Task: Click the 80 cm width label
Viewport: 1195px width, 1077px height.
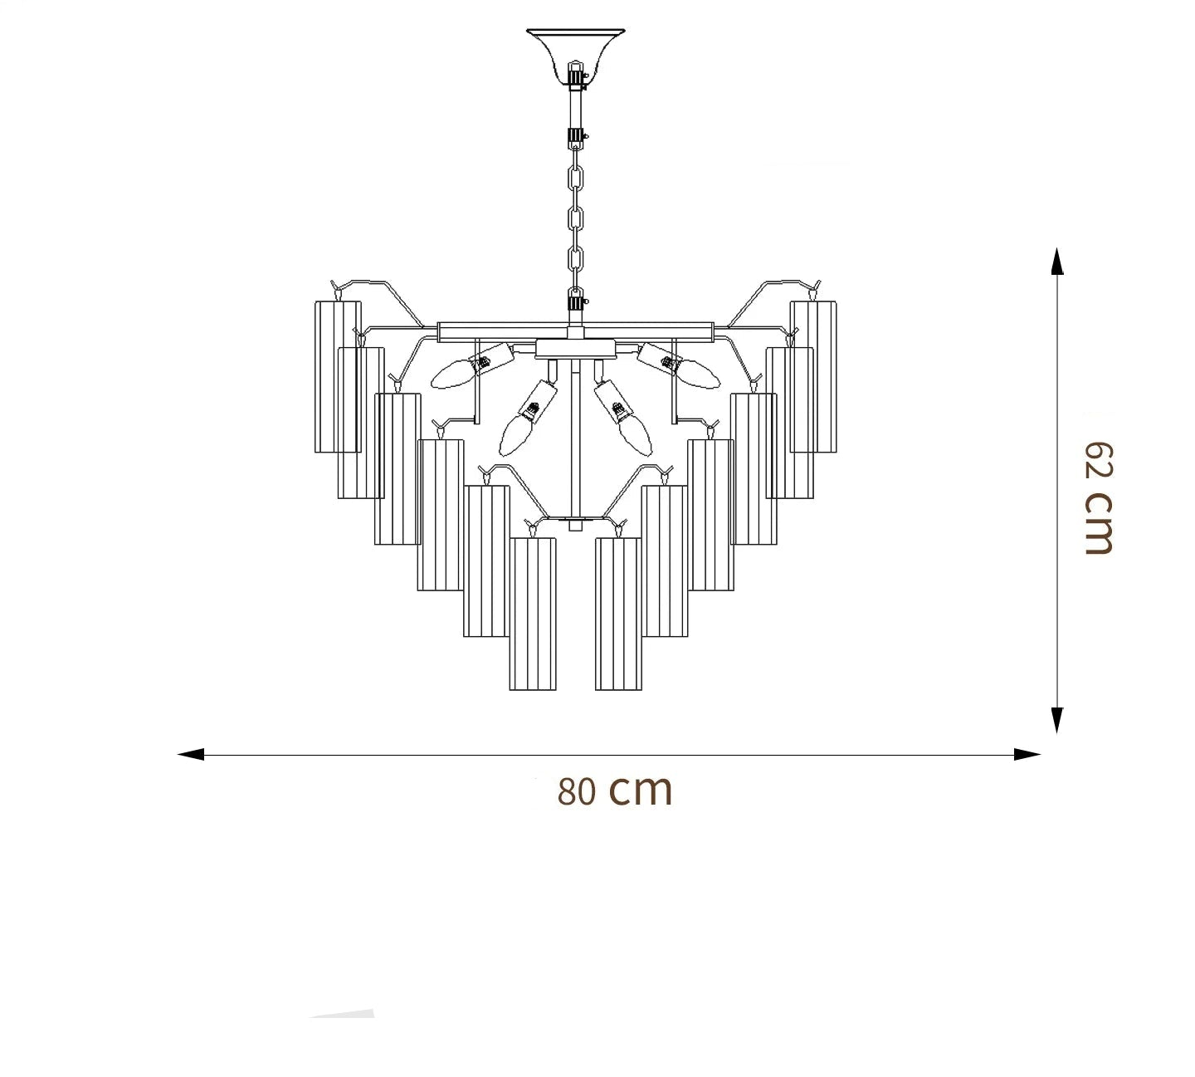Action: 614,791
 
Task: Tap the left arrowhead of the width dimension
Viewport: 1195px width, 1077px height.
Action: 191,754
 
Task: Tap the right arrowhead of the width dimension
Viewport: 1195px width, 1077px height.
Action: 1027,754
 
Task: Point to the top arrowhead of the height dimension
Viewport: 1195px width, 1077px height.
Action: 1056,261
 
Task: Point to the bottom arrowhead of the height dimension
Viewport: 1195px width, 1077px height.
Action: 1056,720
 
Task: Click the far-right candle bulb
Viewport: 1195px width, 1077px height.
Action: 700,375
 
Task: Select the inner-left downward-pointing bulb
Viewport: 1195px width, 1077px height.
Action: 515,430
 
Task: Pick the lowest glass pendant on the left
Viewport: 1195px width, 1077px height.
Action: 533,614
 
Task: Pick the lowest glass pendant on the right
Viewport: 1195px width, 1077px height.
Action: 618,614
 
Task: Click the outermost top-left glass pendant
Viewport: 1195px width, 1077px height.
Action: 338,376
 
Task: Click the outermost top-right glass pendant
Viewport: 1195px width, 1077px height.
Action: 813,376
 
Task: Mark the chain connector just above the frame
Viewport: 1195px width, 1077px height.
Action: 575,299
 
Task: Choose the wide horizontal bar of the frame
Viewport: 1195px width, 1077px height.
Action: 575,331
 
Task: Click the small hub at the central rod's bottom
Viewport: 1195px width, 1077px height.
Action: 575,525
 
